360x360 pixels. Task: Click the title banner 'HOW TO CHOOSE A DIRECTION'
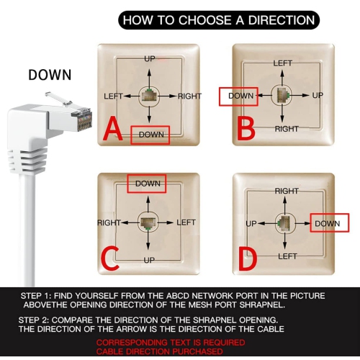(x=219, y=20)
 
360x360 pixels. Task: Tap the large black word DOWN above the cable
(x=50, y=75)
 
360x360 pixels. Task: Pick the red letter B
(x=246, y=129)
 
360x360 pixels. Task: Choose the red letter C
(x=109, y=259)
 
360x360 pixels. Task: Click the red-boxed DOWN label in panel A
(x=150, y=135)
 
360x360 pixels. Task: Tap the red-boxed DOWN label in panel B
(x=238, y=96)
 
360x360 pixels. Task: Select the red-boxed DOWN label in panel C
(x=147, y=184)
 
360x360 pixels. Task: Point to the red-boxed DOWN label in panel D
(x=330, y=223)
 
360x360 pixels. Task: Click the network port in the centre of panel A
(x=149, y=96)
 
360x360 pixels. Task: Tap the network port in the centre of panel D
(x=284, y=223)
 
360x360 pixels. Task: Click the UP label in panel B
(x=318, y=95)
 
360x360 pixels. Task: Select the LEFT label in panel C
(x=186, y=222)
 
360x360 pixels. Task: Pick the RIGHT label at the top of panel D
(x=287, y=192)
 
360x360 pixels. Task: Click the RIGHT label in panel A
(x=189, y=96)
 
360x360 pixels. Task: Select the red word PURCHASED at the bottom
(x=197, y=351)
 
